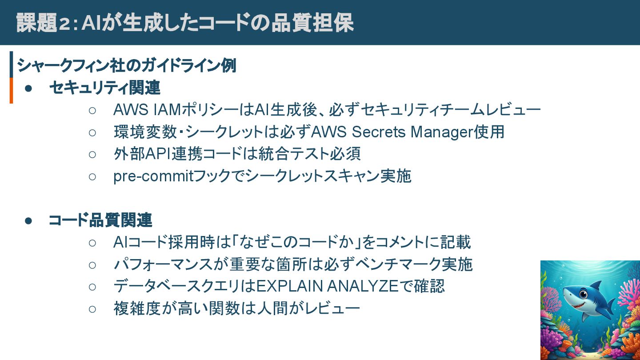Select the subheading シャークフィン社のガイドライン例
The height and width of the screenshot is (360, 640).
126,66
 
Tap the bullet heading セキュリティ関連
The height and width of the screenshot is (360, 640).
105,88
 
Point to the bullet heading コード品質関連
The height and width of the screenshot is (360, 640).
100,220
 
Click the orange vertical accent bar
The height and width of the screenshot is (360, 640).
11,90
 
